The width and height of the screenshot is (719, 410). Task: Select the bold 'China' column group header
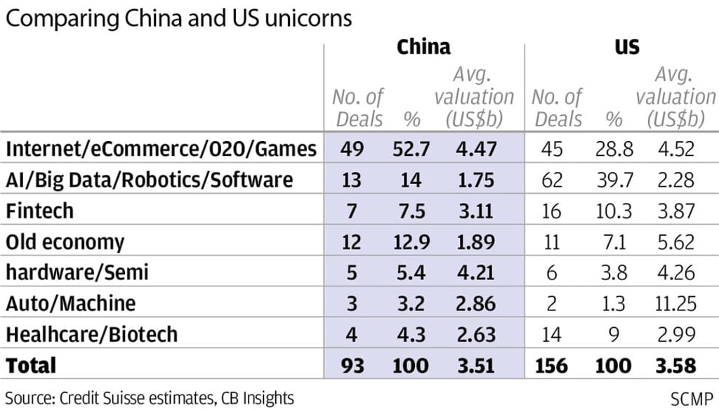coord(423,47)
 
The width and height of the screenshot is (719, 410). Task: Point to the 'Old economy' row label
coord(65,242)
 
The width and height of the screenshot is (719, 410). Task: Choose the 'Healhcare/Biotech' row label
coord(91,333)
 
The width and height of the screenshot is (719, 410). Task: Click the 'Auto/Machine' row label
coord(70,303)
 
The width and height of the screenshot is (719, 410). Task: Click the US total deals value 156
coord(553,365)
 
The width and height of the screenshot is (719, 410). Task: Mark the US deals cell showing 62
coord(553,180)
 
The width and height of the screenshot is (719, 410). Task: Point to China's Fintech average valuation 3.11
coord(475,211)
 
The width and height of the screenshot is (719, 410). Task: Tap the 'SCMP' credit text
coord(692,397)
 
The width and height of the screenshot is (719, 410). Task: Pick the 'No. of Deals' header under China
coord(357,107)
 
